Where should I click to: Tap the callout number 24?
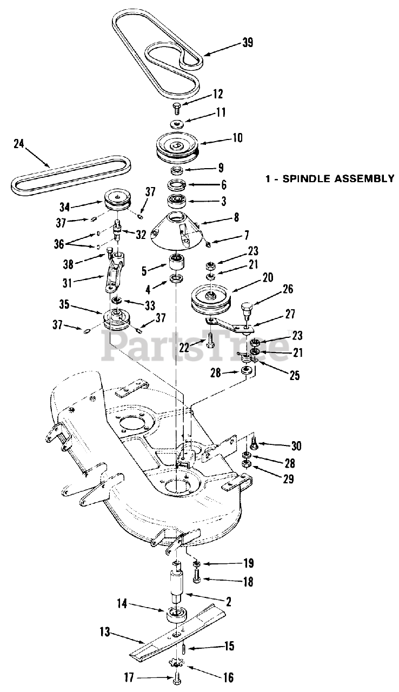(19, 143)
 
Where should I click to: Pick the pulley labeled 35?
(117, 320)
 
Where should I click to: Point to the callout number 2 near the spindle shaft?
(229, 601)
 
